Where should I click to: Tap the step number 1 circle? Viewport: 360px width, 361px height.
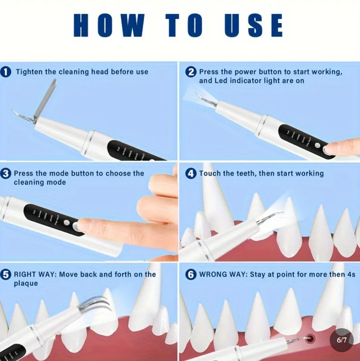[6, 72]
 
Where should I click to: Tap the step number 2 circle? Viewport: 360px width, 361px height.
[191, 72]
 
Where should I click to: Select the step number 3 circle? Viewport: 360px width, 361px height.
[6, 174]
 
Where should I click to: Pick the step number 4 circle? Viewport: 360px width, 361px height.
[191, 174]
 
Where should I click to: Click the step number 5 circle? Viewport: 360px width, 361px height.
[6, 275]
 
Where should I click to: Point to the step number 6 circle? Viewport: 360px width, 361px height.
[191, 275]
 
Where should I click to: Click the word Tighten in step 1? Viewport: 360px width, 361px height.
[29, 72]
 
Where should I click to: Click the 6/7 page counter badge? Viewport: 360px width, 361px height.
[341, 340]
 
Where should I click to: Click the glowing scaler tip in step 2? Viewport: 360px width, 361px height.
[198, 97]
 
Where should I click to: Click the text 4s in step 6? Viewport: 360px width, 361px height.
[350, 274]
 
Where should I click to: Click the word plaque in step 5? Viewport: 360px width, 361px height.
[26, 284]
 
